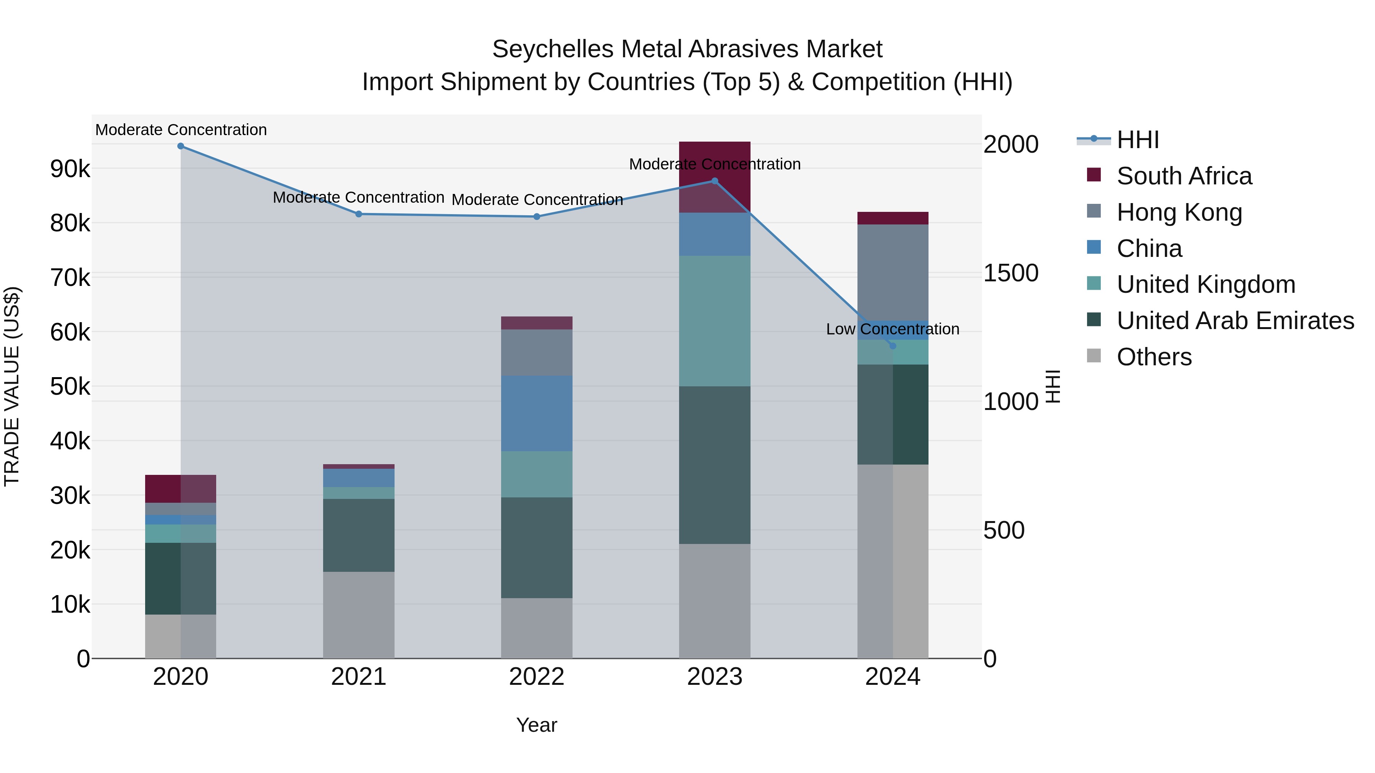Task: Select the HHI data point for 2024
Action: pyautogui.click(x=893, y=346)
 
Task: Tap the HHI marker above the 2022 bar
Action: pyautogui.click(x=537, y=216)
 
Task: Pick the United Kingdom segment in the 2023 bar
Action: pyautogui.click(x=714, y=321)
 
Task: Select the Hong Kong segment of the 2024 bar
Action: pyautogui.click(x=893, y=272)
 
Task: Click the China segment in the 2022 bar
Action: pyautogui.click(x=537, y=413)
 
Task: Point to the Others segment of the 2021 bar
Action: pyautogui.click(x=358, y=615)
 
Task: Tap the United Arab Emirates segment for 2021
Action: pyautogui.click(x=358, y=535)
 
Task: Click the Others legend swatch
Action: pyautogui.click(x=1094, y=356)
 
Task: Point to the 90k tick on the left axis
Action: pyautogui.click(x=70, y=169)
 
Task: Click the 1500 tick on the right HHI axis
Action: pyautogui.click(x=1010, y=273)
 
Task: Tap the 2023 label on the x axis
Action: pyautogui.click(x=714, y=677)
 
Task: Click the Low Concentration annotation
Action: pyautogui.click(x=893, y=329)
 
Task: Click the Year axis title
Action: pyautogui.click(x=537, y=725)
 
